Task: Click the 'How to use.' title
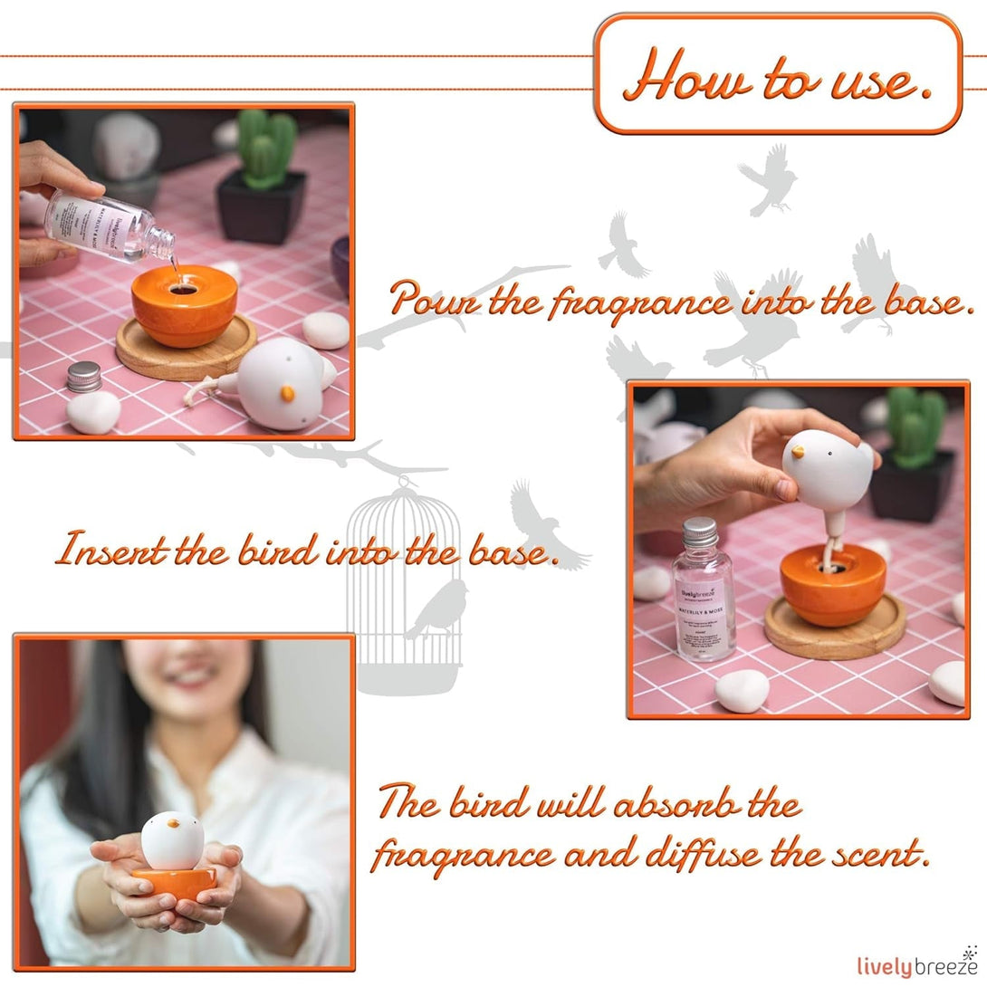pyautogui.click(x=778, y=76)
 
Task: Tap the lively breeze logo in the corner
pyautogui.click(x=917, y=964)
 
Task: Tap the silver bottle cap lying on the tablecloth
pyautogui.click(x=84, y=377)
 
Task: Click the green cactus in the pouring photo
pyautogui.click(x=264, y=149)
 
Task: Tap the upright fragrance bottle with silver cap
pyautogui.click(x=703, y=588)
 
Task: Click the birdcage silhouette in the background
pyautogui.click(x=404, y=580)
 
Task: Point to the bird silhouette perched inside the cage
pyautogui.click(x=438, y=608)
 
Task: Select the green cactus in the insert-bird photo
pyautogui.click(x=915, y=426)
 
